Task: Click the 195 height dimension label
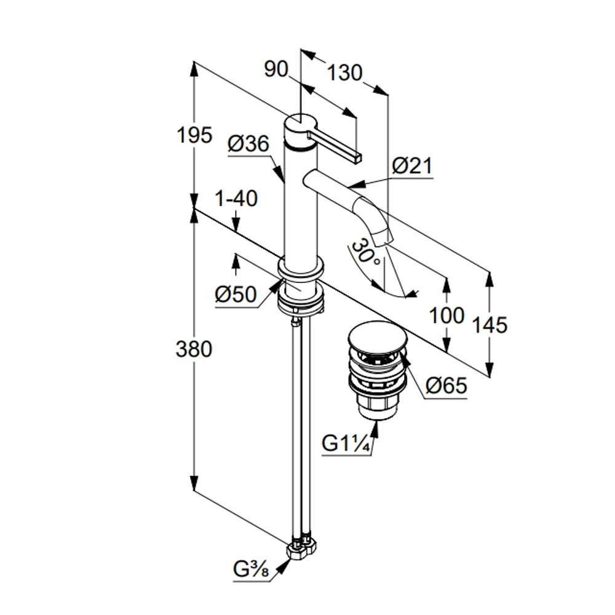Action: tap(194, 134)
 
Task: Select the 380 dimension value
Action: tap(194, 349)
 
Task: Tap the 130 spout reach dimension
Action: tap(344, 73)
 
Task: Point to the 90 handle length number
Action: tap(276, 69)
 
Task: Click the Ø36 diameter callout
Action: tap(248, 144)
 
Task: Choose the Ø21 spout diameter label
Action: tap(412, 166)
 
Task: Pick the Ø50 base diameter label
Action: tap(236, 295)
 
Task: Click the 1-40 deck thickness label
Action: tap(236, 199)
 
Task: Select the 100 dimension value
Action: tap(446, 315)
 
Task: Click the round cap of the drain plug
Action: tap(377, 335)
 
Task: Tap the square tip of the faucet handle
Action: tap(357, 157)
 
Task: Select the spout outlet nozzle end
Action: tap(384, 237)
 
